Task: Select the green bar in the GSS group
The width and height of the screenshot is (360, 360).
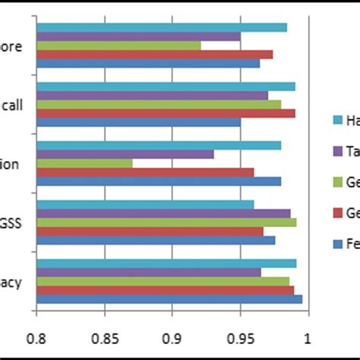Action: click(166, 222)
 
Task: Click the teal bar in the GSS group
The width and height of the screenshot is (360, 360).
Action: click(145, 204)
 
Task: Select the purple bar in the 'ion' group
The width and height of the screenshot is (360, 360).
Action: click(125, 154)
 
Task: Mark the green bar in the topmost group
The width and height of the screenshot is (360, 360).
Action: click(118, 45)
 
